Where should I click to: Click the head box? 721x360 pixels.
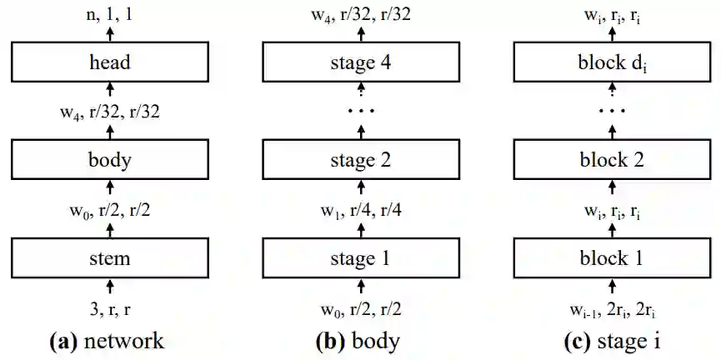[113, 62]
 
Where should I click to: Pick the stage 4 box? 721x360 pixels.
[361, 62]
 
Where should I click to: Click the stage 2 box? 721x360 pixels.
[361, 158]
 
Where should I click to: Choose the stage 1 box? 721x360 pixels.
[361, 257]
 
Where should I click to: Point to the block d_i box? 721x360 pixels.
[611, 62]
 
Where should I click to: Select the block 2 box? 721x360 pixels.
[611, 158]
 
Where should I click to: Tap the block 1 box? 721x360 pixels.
[611, 257]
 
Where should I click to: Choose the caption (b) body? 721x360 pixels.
[361, 341]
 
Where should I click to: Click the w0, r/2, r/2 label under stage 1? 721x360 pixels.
[361, 312]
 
